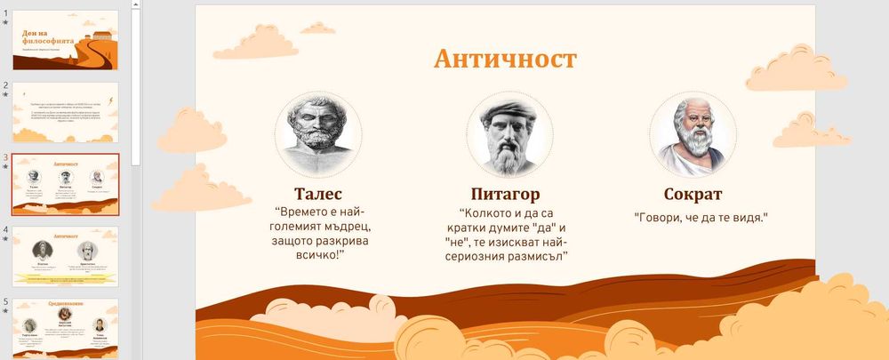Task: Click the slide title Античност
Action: (x=504, y=59)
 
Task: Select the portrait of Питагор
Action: (x=504, y=135)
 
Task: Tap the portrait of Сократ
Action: (x=693, y=133)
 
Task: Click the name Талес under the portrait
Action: (x=317, y=194)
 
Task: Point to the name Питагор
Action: (x=504, y=194)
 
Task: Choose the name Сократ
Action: (x=693, y=194)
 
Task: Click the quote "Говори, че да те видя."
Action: (x=701, y=217)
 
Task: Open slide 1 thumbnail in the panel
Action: (x=65, y=40)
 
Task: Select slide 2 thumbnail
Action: (x=65, y=112)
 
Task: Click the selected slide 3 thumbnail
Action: (x=65, y=184)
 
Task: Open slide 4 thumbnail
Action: (x=65, y=256)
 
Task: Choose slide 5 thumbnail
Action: (x=65, y=328)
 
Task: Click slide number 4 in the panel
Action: (x=5, y=228)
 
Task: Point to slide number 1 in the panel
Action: (x=5, y=13)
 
